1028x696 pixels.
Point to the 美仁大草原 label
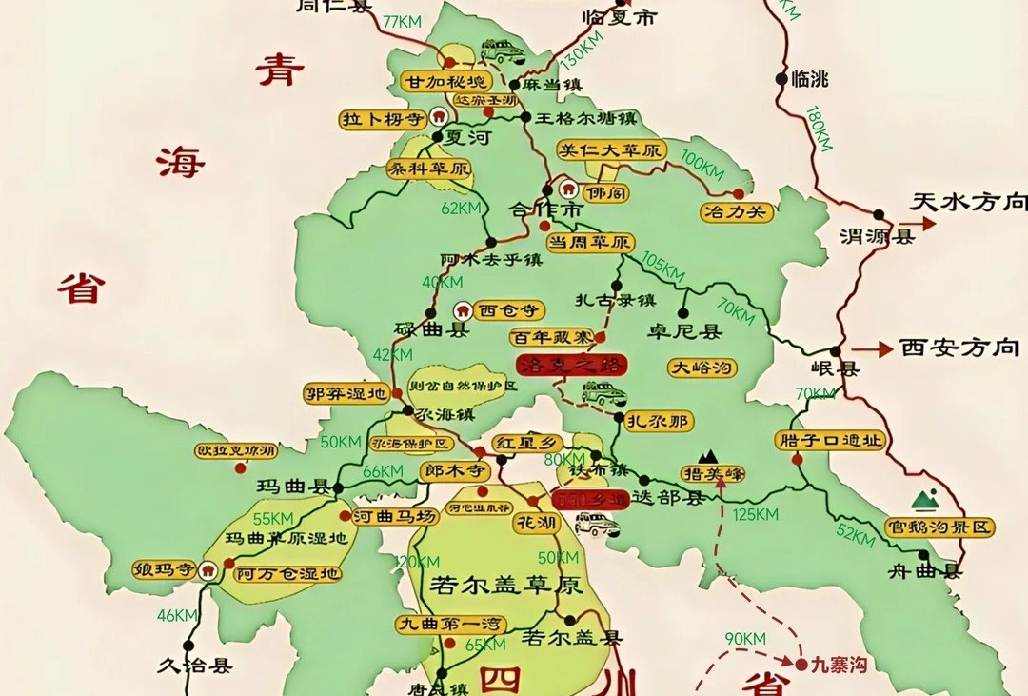pos(611,150)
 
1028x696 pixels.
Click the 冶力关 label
pos(736,212)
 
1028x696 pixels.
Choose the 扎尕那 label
pos(659,420)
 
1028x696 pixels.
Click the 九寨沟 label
pos(839,666)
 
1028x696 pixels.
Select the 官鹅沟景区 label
pos(939,527)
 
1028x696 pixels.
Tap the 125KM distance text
pos(757,515)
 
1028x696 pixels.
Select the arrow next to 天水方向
pos(925,225)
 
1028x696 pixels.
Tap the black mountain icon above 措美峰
pos(707,455)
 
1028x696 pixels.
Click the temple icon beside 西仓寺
pos(463,309)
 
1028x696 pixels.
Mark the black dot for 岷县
pos(836,350)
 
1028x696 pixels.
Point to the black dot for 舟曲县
pos(923,555)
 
